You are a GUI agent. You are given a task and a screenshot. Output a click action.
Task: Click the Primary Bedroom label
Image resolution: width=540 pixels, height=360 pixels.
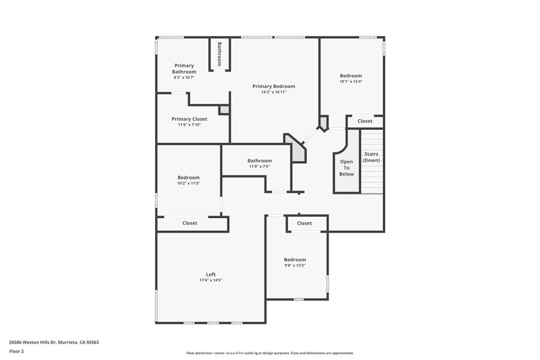point(273,86)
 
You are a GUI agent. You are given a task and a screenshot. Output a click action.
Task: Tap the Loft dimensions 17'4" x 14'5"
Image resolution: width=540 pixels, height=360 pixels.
point(210,280)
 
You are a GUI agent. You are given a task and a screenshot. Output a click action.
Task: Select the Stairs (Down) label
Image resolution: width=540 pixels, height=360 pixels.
point(371,157)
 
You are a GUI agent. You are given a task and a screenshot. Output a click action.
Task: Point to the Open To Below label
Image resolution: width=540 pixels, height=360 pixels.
point(346,168)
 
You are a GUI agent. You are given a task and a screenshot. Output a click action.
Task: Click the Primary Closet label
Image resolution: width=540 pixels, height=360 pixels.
point(189,119)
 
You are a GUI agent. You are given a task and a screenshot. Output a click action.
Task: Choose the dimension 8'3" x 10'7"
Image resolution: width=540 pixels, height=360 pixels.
point(184,77)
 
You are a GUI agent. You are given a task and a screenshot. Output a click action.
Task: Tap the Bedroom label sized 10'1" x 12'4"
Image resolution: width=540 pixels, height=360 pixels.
point(351,76)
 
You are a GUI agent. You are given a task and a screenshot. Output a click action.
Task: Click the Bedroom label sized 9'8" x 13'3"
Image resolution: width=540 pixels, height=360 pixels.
point(295,260)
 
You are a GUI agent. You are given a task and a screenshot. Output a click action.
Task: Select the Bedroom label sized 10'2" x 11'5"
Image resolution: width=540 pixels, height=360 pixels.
point(188,178)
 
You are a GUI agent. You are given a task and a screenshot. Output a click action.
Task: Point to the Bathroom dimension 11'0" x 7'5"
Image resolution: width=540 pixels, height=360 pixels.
point(259,167)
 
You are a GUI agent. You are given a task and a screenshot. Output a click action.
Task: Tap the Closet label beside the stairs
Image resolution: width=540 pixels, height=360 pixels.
point(364,121)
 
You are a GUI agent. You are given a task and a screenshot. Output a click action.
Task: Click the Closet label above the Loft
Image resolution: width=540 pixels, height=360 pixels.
point(190,223)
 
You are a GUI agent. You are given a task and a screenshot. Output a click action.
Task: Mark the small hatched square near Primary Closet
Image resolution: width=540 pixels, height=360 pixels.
point(224,110)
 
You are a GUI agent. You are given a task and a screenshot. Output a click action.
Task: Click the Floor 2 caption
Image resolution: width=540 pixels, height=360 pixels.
point(16,351)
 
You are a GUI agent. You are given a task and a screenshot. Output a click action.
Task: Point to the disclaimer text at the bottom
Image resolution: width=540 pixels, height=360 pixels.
point(269,353)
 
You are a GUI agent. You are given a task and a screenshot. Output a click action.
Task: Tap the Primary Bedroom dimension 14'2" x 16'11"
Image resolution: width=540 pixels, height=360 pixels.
point(273,92)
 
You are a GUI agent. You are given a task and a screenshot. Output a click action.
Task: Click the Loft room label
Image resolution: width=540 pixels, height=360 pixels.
point(210,274)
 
